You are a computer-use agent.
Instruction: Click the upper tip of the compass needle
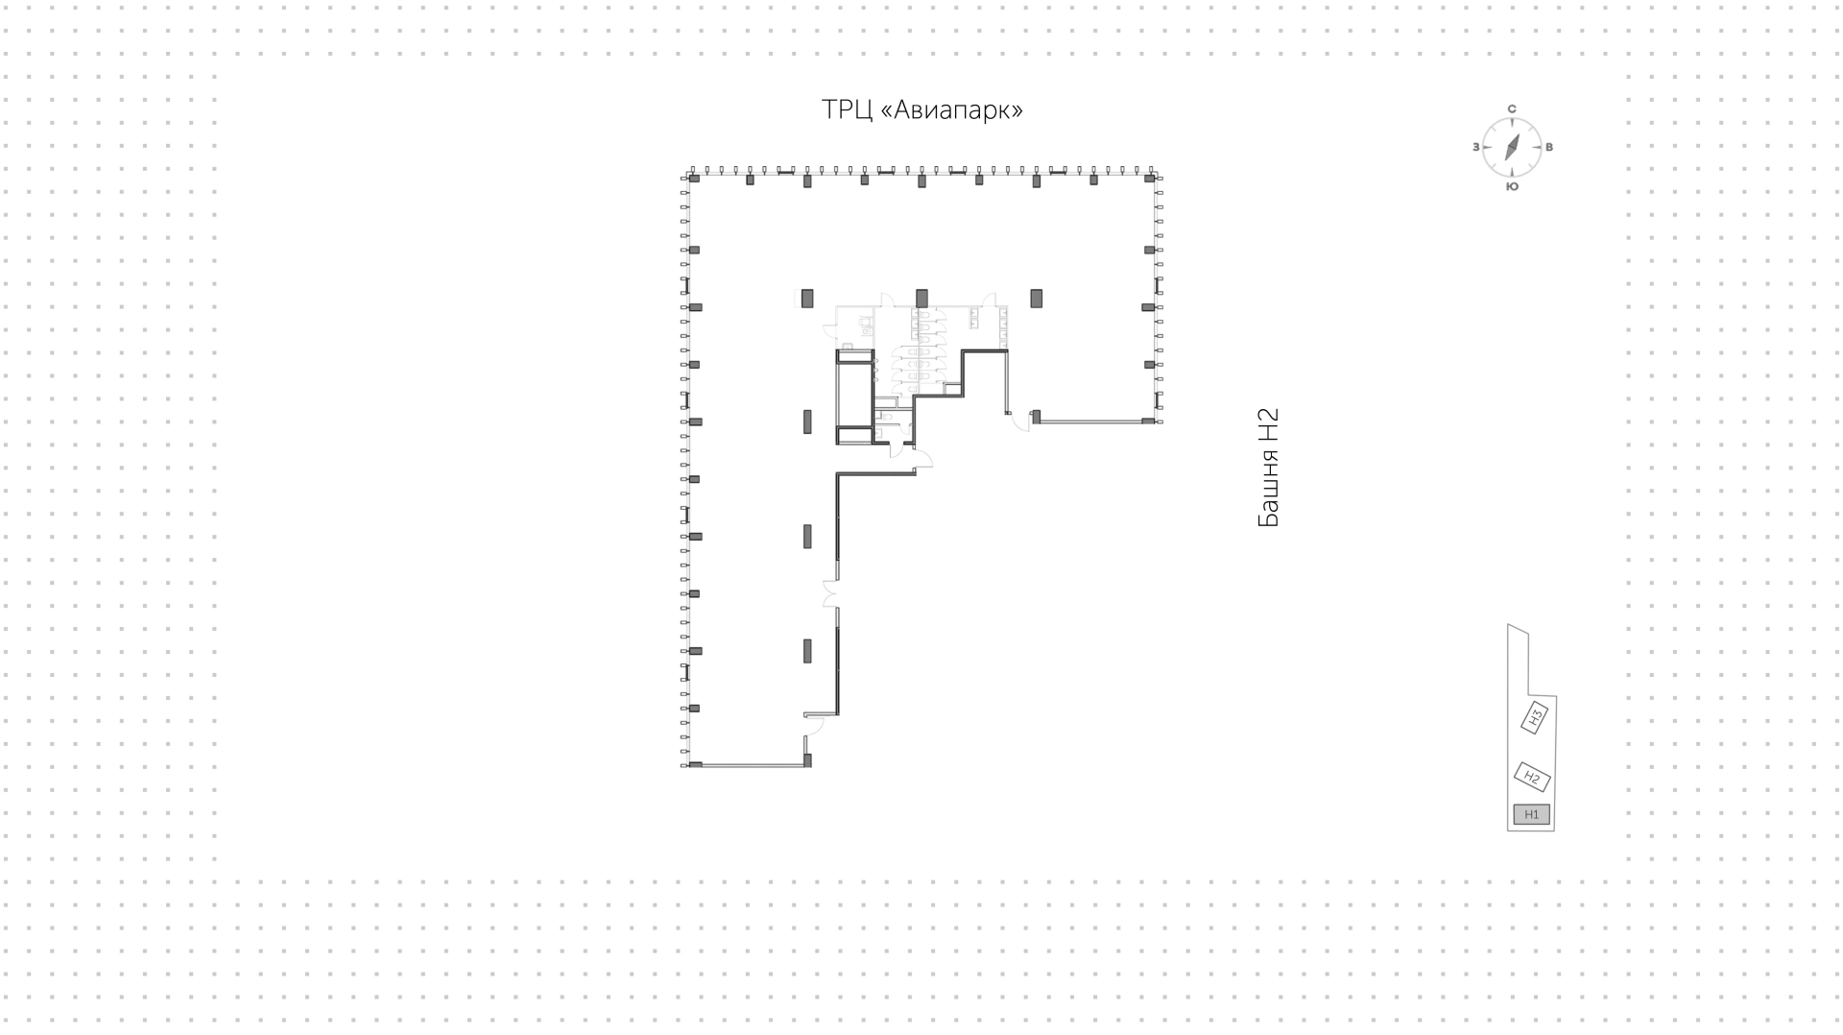pyautogui.click(x=1519, y=133)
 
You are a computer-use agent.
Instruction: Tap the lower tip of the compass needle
pyautogui.click(x=1506, y=161)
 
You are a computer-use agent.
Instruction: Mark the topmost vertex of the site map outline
pyautogui.click(x=1509, y=625)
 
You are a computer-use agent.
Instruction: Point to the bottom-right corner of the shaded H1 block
pyautogui.click(x=1549, y=824)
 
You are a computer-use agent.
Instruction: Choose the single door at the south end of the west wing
pyautogui.click(x=812, y=726)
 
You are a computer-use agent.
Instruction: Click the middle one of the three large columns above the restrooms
pyautogui.click(x=921, y=298)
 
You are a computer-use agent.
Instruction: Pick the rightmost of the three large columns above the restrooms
pyautogui.click(x=1036, y=298)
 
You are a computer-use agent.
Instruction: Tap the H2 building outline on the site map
pyautogui.click(x=1532, y=777)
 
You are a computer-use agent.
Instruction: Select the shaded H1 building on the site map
pyautogui.click(x=1532, y=814)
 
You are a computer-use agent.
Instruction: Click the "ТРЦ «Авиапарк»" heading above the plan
pyautogui.click(x=921, y=110)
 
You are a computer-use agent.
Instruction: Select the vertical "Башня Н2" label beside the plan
pyautogui.click(x=1268, y=468)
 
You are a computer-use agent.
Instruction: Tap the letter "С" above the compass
pyautogui.click(x=1512, y=109)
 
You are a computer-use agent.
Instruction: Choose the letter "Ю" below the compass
pyautogui.click(x=1512, y=186)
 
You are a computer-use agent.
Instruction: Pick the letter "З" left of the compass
pyautogui.click(x=1476, y=147)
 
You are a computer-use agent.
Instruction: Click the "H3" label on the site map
pyautogui.click(x=1535, y=716)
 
